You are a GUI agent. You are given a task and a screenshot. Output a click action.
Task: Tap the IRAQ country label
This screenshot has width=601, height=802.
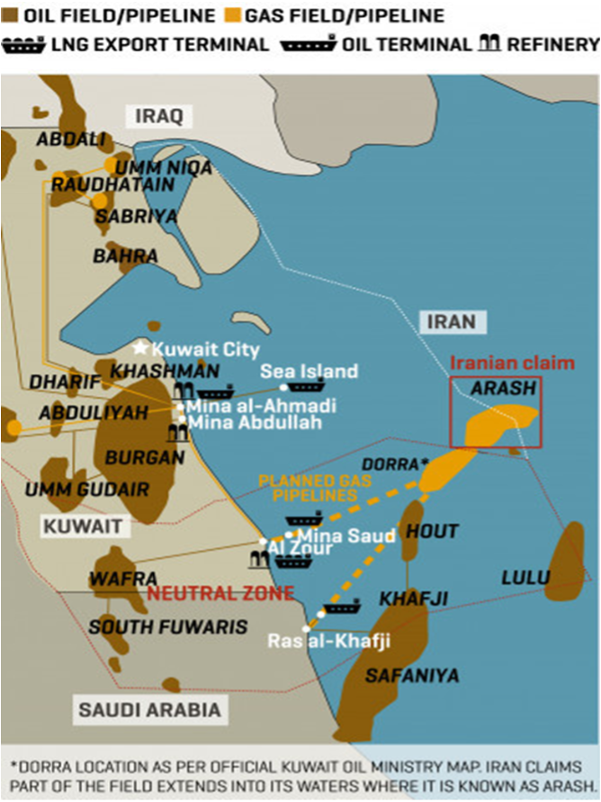(x=158, y=115)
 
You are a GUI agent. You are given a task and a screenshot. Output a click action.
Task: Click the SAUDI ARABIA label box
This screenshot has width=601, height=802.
(x=149, y=710)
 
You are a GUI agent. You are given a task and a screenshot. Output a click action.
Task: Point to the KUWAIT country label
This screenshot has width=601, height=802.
(x=75, y=524)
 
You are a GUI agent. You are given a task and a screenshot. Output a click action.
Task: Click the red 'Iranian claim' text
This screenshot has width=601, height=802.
(x=511, y=363)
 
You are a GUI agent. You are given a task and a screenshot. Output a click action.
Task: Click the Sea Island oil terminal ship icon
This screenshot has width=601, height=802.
(x=306, y=387)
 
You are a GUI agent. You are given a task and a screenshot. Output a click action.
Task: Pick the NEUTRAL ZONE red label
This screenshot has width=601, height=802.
(x=220, y=593)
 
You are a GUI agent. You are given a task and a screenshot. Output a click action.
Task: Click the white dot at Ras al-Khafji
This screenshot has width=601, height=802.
(x=307, y=628)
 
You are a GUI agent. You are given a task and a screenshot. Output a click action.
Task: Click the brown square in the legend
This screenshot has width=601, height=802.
(x=9, y=15)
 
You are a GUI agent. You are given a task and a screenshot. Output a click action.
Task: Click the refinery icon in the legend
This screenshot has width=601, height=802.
(x=489, y=43)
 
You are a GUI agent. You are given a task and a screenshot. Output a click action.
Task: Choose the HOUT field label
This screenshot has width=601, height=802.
(x=432, y=531)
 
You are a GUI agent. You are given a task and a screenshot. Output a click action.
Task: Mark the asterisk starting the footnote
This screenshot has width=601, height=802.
(x=13, y=765)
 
